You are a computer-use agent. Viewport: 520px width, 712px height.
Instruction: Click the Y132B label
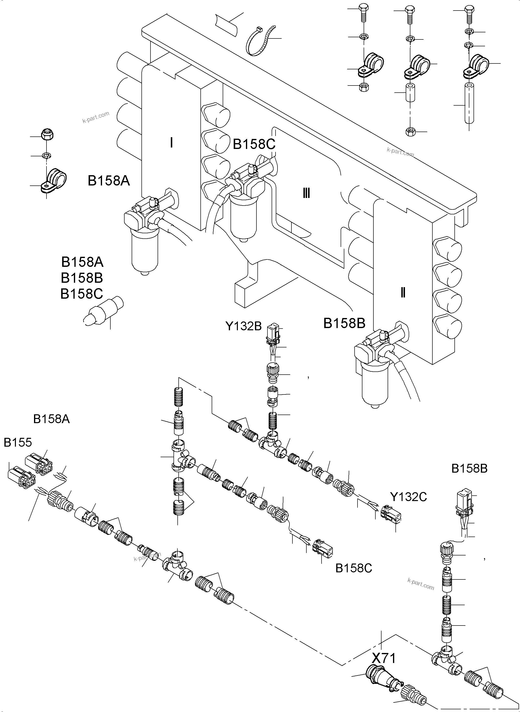click(243, 326)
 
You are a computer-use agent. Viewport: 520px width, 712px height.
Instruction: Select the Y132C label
click(408, 497)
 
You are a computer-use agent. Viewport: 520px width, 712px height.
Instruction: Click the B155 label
click(18, 442)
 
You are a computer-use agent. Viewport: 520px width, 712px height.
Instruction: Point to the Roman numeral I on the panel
click(171, 143)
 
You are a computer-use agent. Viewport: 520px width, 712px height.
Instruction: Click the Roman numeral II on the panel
click(403, 293)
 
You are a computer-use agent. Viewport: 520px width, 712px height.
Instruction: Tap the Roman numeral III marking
click(306, 193)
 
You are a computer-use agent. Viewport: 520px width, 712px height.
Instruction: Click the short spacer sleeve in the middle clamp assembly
click(410, 92)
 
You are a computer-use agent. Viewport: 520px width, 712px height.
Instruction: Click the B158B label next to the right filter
click(344, 323)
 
